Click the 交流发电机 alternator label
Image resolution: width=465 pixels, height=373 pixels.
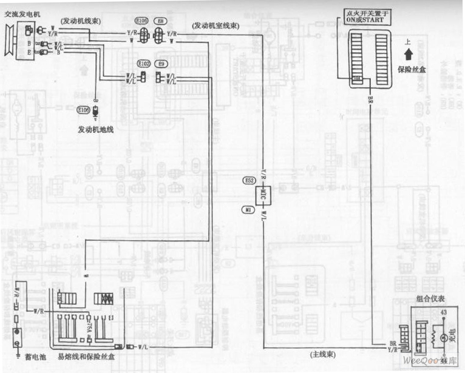[x=22, y=12]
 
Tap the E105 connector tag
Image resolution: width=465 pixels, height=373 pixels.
[x=141, y=21]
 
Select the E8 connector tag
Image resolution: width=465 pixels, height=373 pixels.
[x=160, y=21]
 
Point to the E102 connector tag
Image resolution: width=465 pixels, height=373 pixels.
[x=143, y=63]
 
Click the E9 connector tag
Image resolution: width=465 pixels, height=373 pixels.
[x=161, y=63]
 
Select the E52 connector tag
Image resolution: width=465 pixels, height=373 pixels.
[x=249, y=180]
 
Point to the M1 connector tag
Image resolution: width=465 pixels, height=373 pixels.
[x=248, y=210]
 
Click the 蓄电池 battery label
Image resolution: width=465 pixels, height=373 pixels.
[x=25, y=357]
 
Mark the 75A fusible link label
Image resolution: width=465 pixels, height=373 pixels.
[x=90, y=324]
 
